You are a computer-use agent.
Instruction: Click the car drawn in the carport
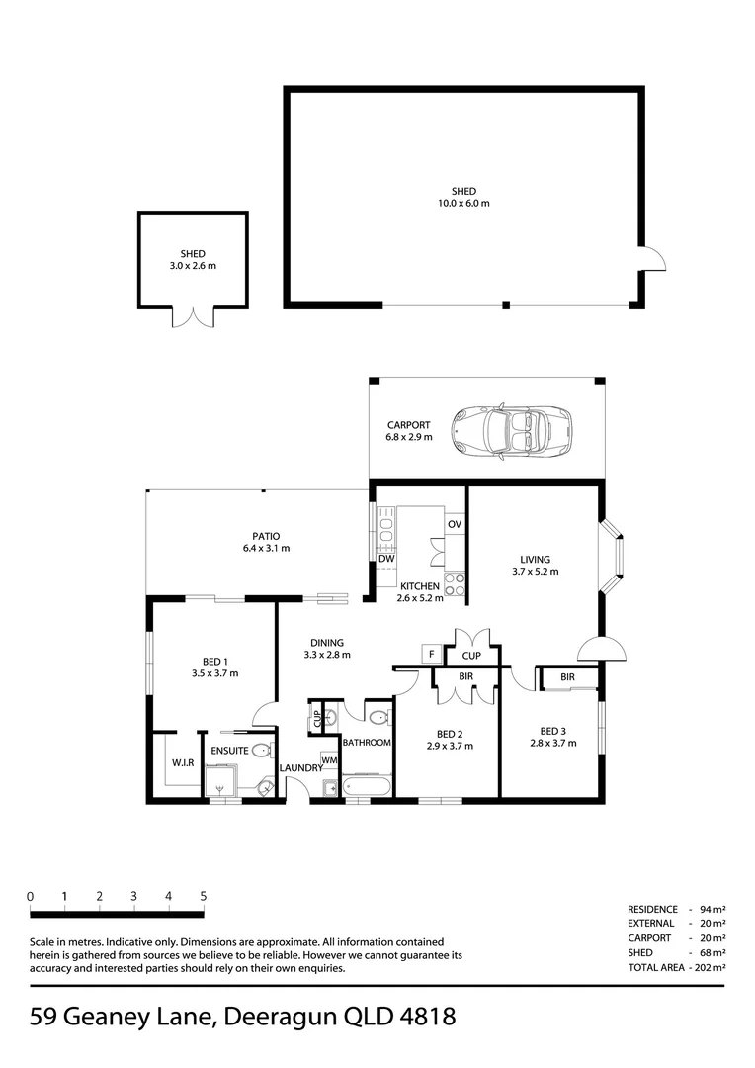[x=512, y=431]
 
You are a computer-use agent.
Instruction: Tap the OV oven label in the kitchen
[x=455, y=524]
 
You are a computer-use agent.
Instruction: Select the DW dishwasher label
[x=386, y=559]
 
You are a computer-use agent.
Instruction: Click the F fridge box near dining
[x=431, y=655]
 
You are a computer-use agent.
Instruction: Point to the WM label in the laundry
[x=329, y=760]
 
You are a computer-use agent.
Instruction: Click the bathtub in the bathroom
[x=368, y=786]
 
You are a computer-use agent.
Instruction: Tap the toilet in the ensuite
[x=262, y=752]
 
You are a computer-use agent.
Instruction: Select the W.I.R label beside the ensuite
[x=183, y=763]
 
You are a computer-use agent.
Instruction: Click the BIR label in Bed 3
[x=568, y=677]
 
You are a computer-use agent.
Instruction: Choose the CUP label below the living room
[x=471, y=656]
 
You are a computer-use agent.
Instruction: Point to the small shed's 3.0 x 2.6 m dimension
[x=193, y=266]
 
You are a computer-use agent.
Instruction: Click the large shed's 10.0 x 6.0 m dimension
[x=463, y=203]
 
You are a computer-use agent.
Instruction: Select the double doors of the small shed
[x=194, y=317]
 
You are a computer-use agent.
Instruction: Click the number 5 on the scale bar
[x=203, y=896]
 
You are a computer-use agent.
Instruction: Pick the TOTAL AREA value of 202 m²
[x=710, y=967]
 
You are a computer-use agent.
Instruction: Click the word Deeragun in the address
[x=281, y=1017]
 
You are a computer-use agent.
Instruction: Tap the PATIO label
[x=266, y=537]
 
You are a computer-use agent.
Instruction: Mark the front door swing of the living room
[x=602, y=649]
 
